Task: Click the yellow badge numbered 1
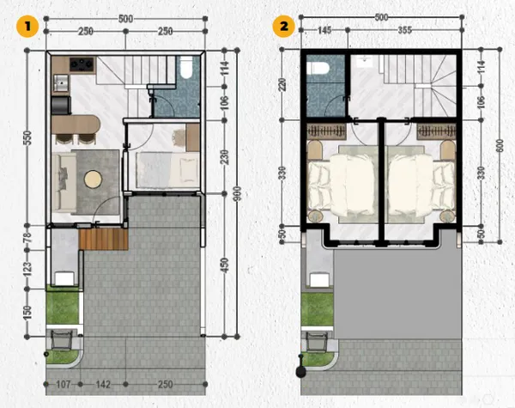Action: [x=27, y=27]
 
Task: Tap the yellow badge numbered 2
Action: [x=284, y=26]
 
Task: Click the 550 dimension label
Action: [x=27, y=138]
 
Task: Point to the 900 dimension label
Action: [x=238, y=194]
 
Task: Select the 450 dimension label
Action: [x=225, y=265]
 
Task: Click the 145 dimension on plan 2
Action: [x=324, y=30]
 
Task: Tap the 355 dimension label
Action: [x=404, y=30]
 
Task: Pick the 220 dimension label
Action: [x=282, y=84]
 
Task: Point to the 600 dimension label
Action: [x=500, y=146]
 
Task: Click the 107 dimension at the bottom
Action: [x=63, y=384]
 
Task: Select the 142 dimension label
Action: [x=103, y=384]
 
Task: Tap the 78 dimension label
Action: [x=27, y=237]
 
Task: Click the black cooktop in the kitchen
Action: [x=82, y=64]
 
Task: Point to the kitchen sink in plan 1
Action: [x=61, y=82]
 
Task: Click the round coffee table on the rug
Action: [x=94, y=180]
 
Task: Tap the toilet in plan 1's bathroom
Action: [x=186, y=68]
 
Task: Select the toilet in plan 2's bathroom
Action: [x=318, y=69]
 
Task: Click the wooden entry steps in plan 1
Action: [x=104, y=239]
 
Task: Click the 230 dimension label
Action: [x=225, y=157]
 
